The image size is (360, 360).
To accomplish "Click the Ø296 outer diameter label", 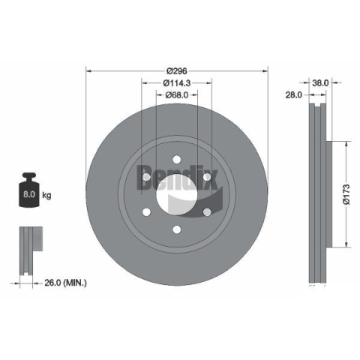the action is point(177,71).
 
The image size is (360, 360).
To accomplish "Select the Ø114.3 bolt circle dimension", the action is point(177,82).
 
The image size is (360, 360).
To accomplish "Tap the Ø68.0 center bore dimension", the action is point(177,94).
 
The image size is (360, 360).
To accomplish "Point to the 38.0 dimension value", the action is point(320,82).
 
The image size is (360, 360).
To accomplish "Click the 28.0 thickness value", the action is point(294,94).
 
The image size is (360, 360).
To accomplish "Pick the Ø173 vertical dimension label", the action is point(346,194).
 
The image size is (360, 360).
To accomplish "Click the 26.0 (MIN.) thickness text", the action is point(65,283).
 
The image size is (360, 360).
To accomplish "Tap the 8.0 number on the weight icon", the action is point(29,194).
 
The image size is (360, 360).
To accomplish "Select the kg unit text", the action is point(46,195).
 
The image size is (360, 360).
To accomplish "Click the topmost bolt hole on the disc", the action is point(177,160).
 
